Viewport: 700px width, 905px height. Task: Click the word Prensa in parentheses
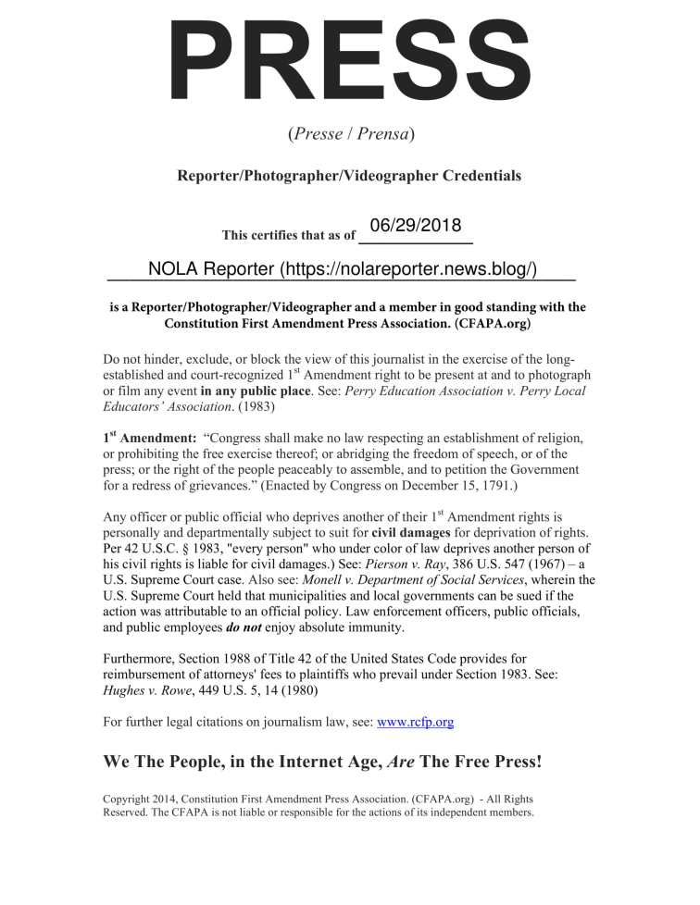[x=383, y=133]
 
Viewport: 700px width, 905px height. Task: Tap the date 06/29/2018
[x=415, y=225]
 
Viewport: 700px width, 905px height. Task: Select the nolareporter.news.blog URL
[x=408, y=269]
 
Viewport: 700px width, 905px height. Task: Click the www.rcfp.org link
[x=415, y=722]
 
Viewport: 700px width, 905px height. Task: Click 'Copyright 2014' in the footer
[x=142, y=799]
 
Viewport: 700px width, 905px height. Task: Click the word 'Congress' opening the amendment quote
[x=242, y=438]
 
